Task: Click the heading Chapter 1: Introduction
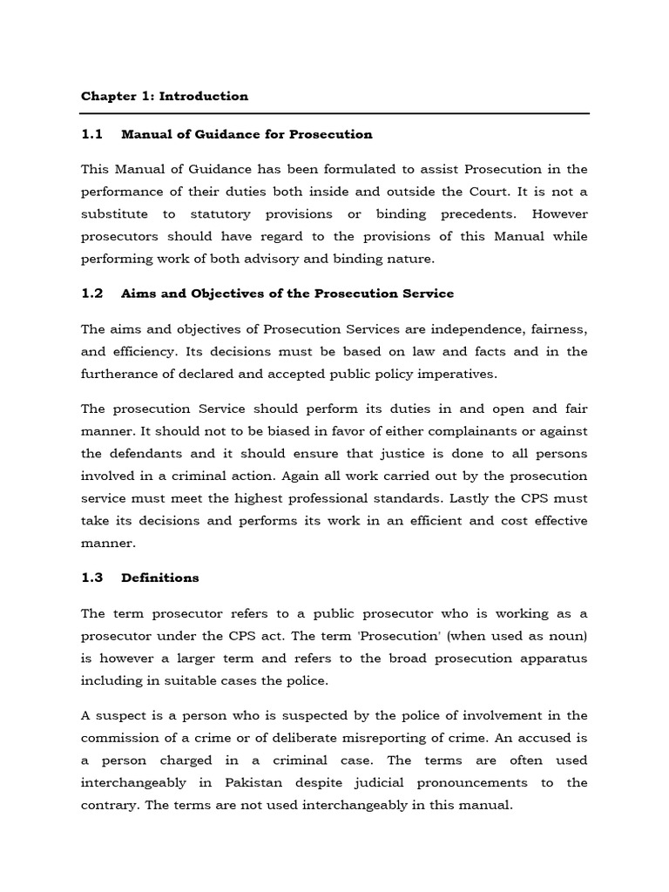(165, 97)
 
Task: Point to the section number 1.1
(91, 134)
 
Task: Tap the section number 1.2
(91, 294)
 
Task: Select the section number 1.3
(91, 578)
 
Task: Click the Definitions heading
(160, 578)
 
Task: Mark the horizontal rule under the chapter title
(335, 114)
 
